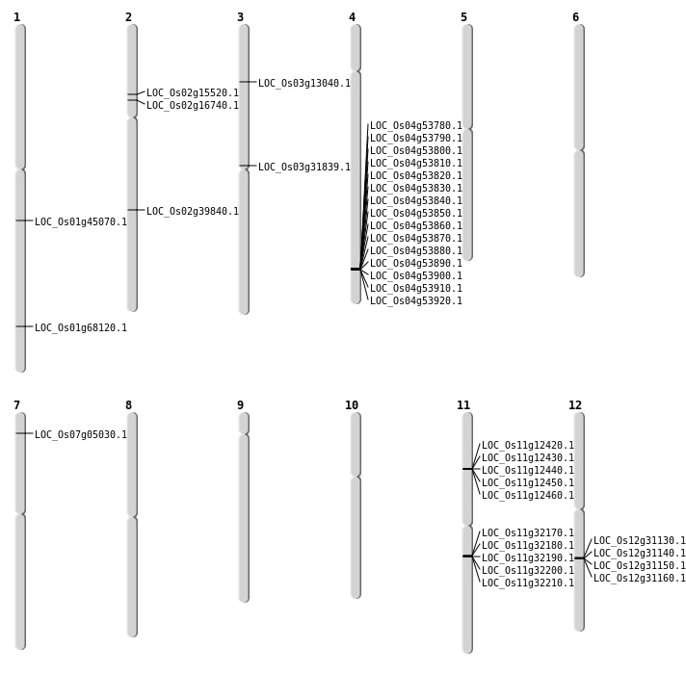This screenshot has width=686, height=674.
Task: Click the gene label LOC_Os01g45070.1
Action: coord(81,222)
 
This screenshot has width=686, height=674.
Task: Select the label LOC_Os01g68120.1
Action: coord(81,327)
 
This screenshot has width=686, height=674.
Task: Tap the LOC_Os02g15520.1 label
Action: coord(193,93)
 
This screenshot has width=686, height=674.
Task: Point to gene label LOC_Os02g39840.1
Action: coord(193,212)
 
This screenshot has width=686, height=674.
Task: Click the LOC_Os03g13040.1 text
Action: coord(304,84)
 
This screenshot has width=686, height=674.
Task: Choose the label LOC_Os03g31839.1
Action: coord(304,168)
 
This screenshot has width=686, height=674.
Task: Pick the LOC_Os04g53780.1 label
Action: coord(416,126)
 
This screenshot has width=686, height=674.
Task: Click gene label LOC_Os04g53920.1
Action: coord(416,300)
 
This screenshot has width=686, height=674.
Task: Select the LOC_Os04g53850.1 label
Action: coord(416,214)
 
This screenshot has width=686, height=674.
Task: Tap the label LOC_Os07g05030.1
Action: coord(81,435)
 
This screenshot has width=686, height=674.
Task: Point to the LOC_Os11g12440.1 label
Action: coord(528,470)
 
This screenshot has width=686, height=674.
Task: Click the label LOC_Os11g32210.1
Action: coord(528,583)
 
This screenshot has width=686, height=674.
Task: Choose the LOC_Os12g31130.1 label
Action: coord(639,541)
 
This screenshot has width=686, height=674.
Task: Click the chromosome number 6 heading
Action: coord(576,17)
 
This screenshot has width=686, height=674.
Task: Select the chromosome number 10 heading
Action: coord(352,405)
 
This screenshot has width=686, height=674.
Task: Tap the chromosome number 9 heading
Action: coord(240,405)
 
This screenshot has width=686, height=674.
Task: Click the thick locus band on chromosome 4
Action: coord(356,270)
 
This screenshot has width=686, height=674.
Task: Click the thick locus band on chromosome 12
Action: coord(579,558)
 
